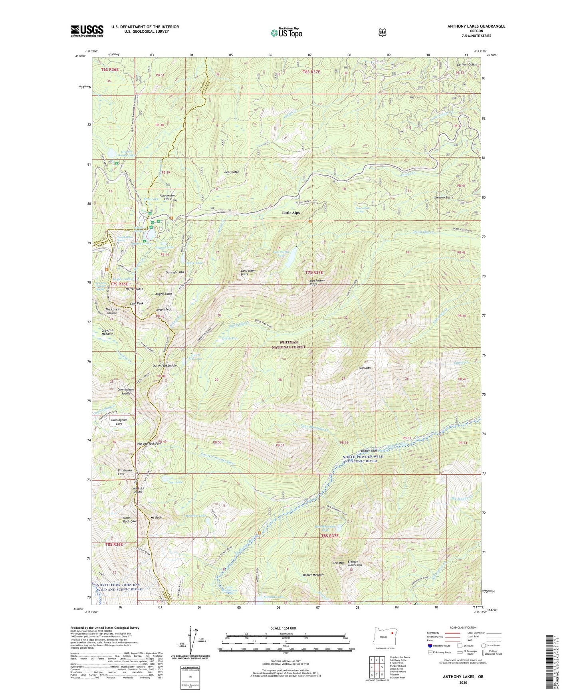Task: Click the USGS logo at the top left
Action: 87,31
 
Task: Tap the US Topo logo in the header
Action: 285,33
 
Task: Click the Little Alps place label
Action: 291,213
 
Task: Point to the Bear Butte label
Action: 232,172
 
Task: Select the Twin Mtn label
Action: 365,368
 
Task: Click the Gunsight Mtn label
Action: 174,272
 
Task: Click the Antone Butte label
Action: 444,198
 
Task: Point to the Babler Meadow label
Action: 313,575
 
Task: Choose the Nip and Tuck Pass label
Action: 149,444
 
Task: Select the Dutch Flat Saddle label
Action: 165,366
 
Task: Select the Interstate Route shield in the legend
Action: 430,646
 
